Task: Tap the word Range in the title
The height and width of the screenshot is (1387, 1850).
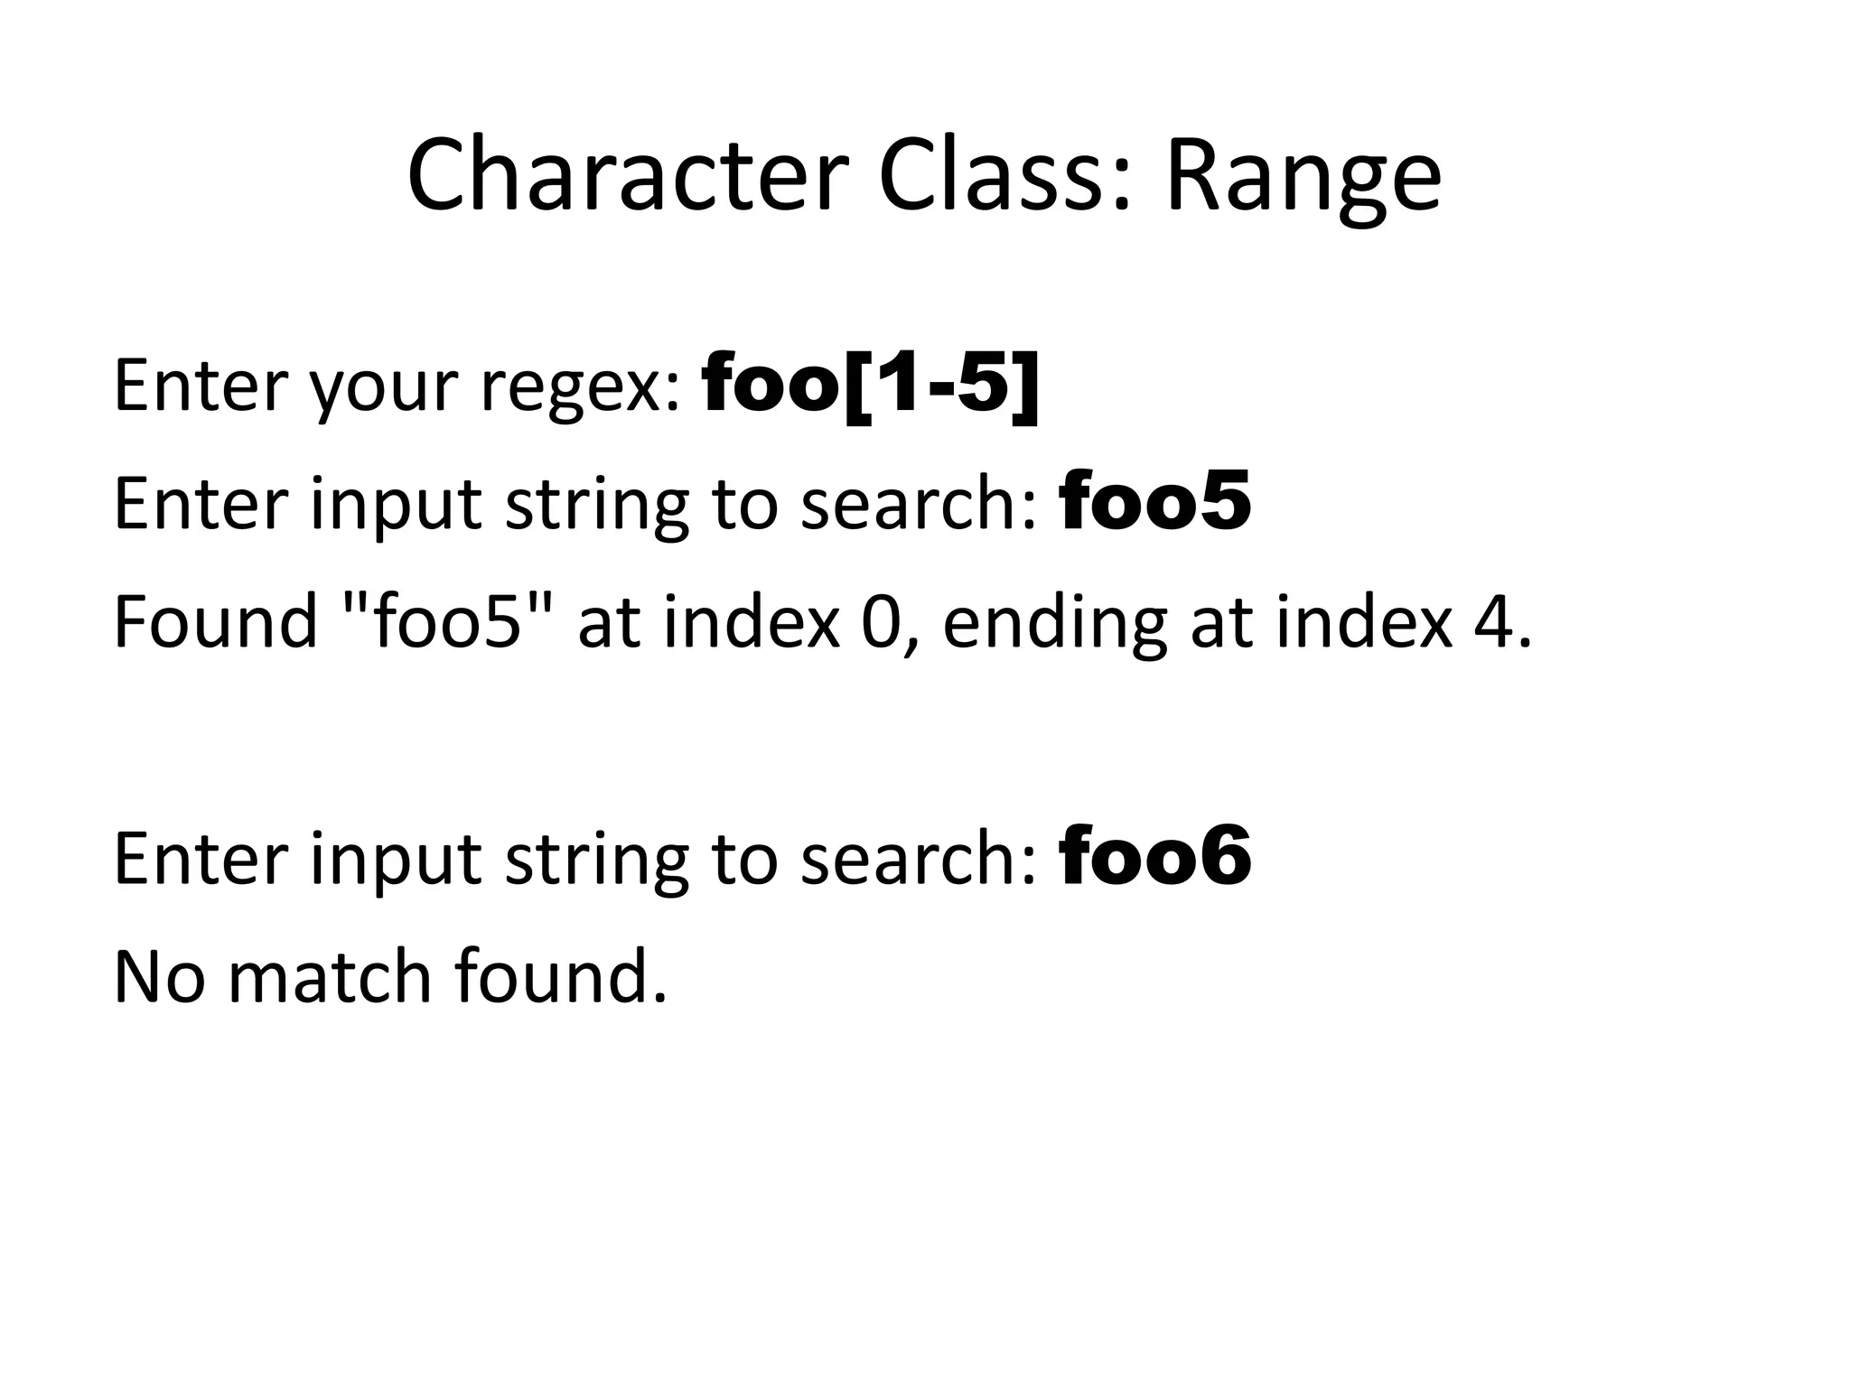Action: tap(1303, 175)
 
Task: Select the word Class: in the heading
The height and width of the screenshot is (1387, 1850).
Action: tap(1004, 175)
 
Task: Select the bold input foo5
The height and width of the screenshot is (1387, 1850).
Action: tap(1155, 502)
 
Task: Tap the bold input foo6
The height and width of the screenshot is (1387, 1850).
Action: tap(1155, 857)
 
